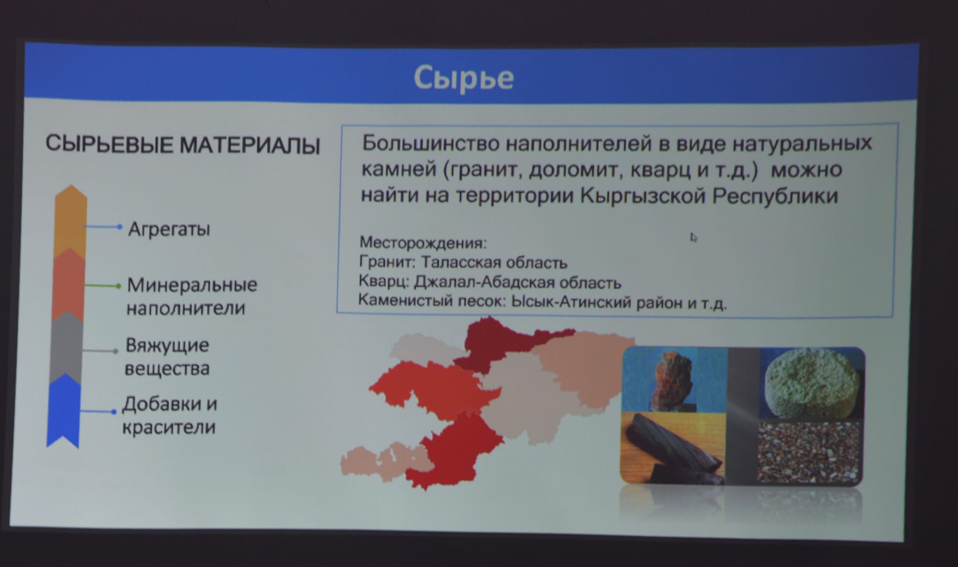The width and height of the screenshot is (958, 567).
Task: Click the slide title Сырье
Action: point(464,78)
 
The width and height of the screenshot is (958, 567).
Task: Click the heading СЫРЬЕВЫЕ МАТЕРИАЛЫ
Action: point(183,145)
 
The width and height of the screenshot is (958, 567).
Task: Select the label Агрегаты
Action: point(169,229)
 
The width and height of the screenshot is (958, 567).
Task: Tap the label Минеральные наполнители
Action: point(192,296)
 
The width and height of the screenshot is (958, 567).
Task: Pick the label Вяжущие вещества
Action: point(167,357)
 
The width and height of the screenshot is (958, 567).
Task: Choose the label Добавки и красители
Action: point(169,415)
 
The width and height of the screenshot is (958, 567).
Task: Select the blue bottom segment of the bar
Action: point(64,411)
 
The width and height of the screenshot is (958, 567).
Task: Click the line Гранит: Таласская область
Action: point(463,262)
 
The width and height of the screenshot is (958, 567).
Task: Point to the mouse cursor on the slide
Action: point(693,237)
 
